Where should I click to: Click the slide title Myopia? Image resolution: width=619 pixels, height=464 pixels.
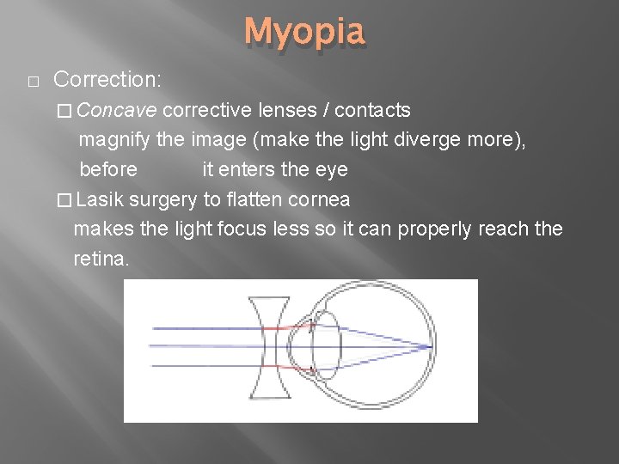coord(305,34)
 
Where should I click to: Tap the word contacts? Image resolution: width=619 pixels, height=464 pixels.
coord(372,110)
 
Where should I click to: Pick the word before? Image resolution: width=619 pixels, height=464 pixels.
coord(107,169)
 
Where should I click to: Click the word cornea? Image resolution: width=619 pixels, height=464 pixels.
coord(319,199)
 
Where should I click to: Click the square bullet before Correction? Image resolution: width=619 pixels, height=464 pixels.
coord(32,82)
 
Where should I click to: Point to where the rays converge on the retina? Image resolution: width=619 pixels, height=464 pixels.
coord(429,348)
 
